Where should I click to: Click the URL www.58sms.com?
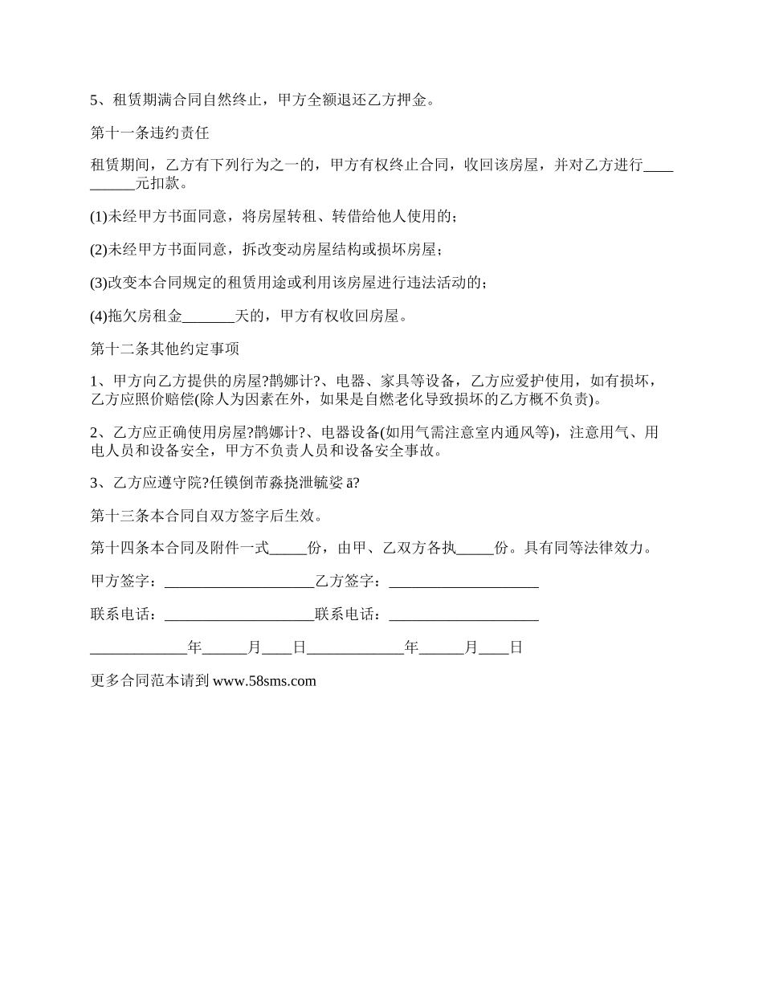264,681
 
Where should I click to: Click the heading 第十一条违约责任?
150,133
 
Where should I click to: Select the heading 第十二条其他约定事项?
164,349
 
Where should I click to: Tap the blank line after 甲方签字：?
238,581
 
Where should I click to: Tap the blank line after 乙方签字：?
463,581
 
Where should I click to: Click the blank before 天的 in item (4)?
208,316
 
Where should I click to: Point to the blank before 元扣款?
113,184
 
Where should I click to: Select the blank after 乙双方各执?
475,549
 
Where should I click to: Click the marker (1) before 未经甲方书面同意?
99,217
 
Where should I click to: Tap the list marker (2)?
99,250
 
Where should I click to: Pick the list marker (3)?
99,283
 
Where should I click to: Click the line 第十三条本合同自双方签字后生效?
208,515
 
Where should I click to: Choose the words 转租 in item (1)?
303,217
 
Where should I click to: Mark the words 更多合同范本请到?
150,681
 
